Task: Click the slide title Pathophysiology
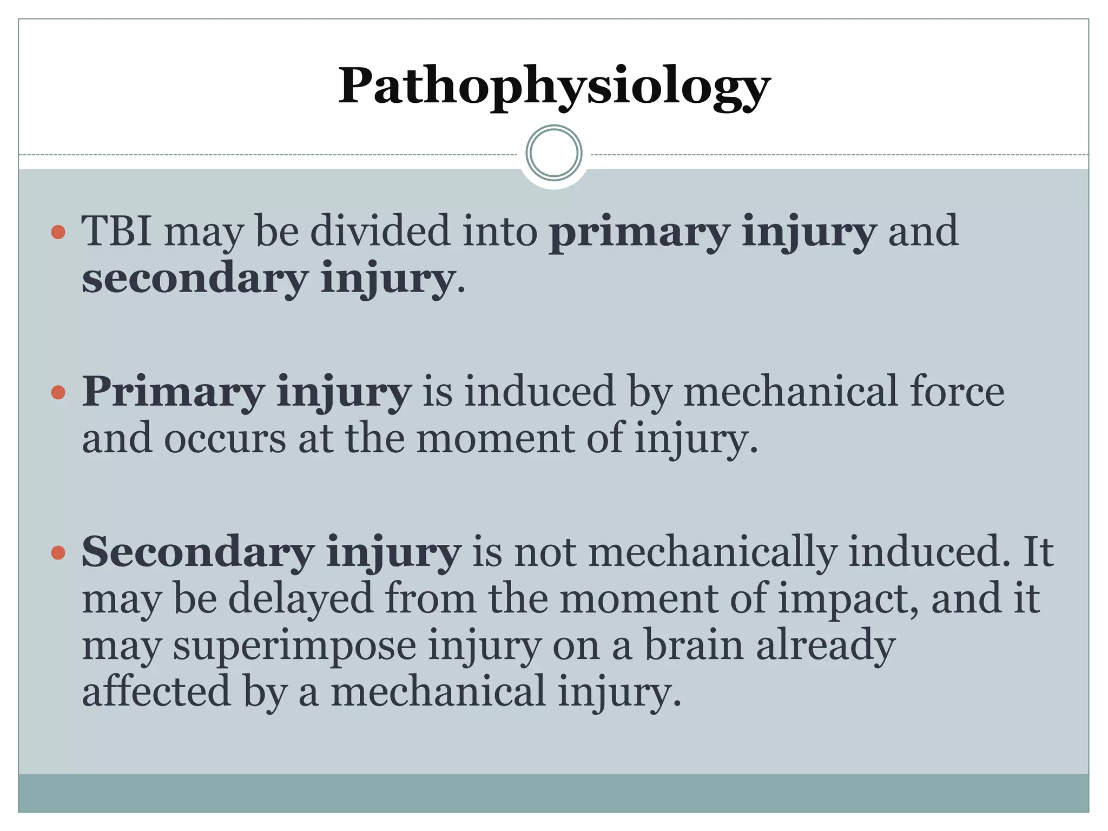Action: pyautogui.click(x=554, y=87)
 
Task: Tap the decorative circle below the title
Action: pyautogui.click(x=554, y=153)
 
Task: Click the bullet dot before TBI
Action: pyautogui.click(x=58, y=233)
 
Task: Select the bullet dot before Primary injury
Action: pyautogui.click(x=58, y=392)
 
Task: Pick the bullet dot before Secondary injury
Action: pyautogui.click(x=58, y=553)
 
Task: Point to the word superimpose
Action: pyautogui.click(x=295, y=647)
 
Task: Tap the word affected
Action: pyautogui.click(x=156, y=692)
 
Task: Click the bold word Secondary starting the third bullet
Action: pyautogui.click(x=198, y=552)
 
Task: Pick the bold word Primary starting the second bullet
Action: pyautogui.click(x=173, y=393)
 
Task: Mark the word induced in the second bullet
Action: pyautogui.click(x=539, y=392)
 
